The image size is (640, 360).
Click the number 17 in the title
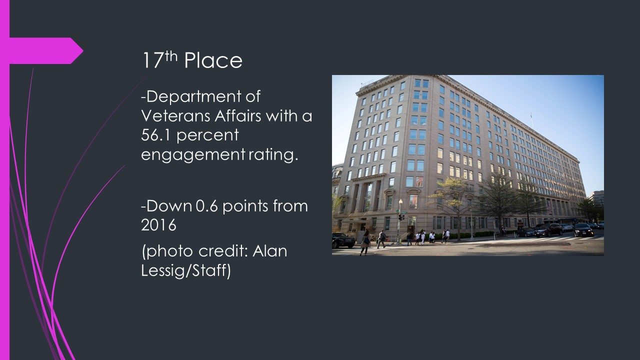(x=152, y=60)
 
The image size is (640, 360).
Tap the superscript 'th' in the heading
(x=171, y=56)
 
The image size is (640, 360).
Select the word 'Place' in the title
(x=213, y=60)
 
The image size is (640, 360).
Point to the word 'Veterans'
(x=175, y=116)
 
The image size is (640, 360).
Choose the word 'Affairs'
(x=238, y=116)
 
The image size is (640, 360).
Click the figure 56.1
(x=156, y=135)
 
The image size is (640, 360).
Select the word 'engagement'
(x=193, y=155)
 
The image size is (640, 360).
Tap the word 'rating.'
(x=273, y=154)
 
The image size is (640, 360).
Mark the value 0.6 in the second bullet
(x=207, y=206)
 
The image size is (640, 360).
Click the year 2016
(x=158, y=225)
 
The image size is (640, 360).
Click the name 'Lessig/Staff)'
(x=185, y=270)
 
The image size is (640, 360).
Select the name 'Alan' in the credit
(x=269, y=251)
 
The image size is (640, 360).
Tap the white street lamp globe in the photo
(x=400, y=201)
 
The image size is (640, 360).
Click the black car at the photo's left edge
(x=343, y=240)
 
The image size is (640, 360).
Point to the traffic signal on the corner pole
(x=400, y=217)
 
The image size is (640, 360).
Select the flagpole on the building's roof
(x=531, y=119)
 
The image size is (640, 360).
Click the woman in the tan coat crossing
(x=365, y=242)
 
